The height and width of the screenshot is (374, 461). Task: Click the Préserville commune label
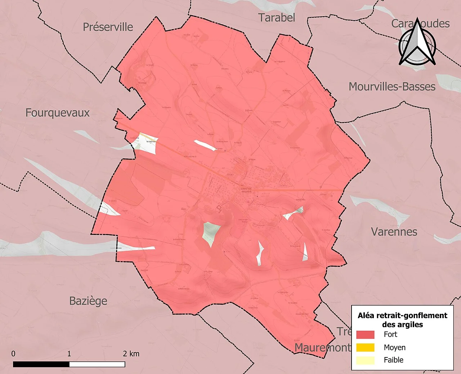[108, 27]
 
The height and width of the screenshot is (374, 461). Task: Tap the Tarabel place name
[277, 18]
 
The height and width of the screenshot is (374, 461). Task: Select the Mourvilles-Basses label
[392, 87]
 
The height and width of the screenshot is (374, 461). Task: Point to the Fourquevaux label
[57, 113]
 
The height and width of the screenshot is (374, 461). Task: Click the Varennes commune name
[394, 232]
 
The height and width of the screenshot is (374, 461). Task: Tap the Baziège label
[88, 301]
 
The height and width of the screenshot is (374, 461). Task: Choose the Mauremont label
[322, 348]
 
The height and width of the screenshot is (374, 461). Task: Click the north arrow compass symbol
[417, 43]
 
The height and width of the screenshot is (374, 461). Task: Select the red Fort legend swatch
[365, 335]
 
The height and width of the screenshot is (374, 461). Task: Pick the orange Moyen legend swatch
[365, 348]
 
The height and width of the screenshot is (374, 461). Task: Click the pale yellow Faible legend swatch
[365, 360]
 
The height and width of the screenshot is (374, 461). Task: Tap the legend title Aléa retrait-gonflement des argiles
[402, 320]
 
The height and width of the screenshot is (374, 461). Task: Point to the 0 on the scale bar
[13, 354]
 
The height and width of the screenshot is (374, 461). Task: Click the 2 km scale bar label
[131, 354]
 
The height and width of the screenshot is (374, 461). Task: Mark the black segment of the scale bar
[41, 364]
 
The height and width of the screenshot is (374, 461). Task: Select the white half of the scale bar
[97, 364]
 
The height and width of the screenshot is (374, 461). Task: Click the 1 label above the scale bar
[69, 354]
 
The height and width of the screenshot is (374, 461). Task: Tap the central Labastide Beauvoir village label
[246, 190]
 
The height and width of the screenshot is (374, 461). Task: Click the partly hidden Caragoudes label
[420, 24]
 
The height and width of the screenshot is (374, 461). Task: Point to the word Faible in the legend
[393, 360]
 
